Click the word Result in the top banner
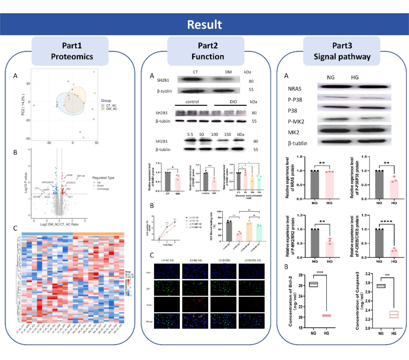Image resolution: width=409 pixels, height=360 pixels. (x=204, y=25)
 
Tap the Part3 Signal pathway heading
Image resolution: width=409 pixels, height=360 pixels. (x=342, y=51)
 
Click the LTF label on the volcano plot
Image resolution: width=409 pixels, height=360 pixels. (x=36, y=188)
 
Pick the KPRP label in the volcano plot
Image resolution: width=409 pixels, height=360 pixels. (x=70, y=175)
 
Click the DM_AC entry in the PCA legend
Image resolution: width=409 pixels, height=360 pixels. (x=111, y=109)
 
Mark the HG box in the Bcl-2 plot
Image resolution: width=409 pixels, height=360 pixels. (x=326, y=316)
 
